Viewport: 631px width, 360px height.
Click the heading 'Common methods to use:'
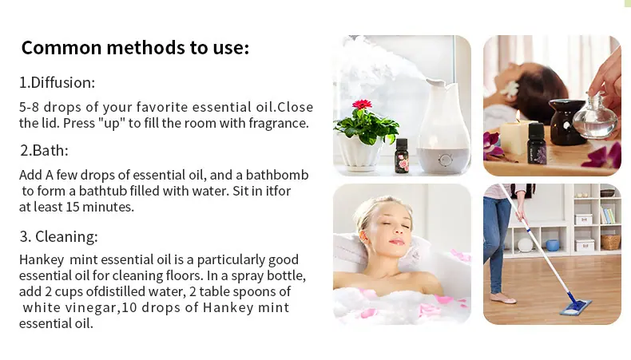pyautogui.click(x=135, y=47)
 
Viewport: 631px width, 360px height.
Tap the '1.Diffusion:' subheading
pyautogui.click(x=58, y=82)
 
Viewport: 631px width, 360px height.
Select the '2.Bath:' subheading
pyautogui.click(x=44, y=150)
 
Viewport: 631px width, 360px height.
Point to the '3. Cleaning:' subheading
pyautogui.click(x=59, y=236)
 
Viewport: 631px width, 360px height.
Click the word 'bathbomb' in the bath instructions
pyautogui.click(x=277, y=175)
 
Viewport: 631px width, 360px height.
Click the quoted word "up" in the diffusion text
pyautogui.click(x=112, y=123)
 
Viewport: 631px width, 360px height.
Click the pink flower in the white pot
pyautogui.click(x=362, y=105)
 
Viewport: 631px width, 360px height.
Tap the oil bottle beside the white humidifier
pyautogui.click(x=402, y=156)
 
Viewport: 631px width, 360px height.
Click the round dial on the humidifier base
pyautogui.click(x=445, y=160)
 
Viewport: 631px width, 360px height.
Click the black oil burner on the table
pyautogui.click(x=567, y=121)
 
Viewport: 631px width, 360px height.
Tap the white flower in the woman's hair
pyautogui.click(x=511, y=89)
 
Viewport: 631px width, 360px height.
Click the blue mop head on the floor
pyautogui.click(x=575, y=307)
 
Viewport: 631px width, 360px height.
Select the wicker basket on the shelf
pyautogui.click(x=610, y=242)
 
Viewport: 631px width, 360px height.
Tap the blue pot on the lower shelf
pyautogui.click(x=553, y=245)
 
